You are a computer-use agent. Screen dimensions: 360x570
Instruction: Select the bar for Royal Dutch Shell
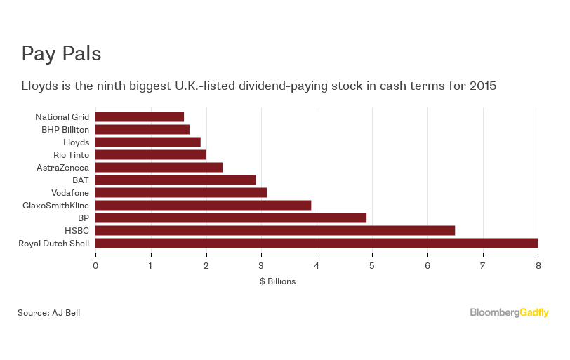[x=317, y=244]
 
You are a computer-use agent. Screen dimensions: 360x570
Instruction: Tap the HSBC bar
[x=275, y=231]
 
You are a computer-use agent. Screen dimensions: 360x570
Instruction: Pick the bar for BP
[x=231, y=218]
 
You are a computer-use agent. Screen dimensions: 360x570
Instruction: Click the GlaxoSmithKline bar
[x=203, y=206]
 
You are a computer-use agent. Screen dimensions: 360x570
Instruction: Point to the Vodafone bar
[x=181, y=193]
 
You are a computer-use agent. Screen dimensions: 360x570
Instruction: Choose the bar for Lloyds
[x=148, y=142]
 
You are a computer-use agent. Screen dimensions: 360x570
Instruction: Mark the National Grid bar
[x=140, y=116]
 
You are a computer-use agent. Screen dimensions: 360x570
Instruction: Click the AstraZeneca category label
[x=62, y=168]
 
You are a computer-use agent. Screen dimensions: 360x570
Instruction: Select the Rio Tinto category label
[x=71, y=155]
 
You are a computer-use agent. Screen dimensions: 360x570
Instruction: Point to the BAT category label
[x=81, y=180]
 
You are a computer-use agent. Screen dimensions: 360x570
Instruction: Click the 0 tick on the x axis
[x=95, y=265]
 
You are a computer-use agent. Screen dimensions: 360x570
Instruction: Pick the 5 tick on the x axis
[x=372, y=265]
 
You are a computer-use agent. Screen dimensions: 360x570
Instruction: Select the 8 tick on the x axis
[x=538, y=265]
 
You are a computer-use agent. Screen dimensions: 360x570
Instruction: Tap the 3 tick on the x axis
[x=261, y=265]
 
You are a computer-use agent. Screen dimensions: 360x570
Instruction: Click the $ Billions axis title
[x=277, y=281]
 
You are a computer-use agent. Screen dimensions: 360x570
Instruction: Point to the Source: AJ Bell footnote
[x=49, y=313]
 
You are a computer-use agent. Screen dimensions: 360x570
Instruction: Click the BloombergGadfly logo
[x=509, y=313]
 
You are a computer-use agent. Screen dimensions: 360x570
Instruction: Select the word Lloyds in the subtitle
[x=38, y=86]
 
